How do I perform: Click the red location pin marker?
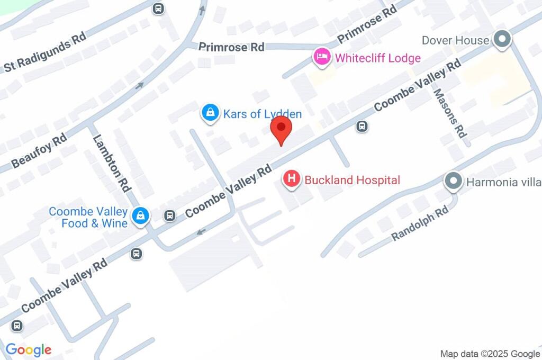(281, 130)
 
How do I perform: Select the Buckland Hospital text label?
(352, 180)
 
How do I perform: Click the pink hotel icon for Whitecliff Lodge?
(321, 57)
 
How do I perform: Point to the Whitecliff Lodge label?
(377, 58)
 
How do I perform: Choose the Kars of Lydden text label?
(263, 114)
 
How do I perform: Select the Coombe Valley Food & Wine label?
(88, 218)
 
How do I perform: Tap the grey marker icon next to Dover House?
(502, 40)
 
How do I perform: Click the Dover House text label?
(455, 41)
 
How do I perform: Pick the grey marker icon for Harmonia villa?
(453, 182)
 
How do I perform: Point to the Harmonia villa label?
(503, 182)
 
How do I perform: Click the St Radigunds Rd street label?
(45, 55)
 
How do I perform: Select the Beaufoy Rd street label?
(39, 150)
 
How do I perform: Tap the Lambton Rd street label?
(112, 163)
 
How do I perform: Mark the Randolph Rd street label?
(420, 224)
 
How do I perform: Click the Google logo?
(29, 349)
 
